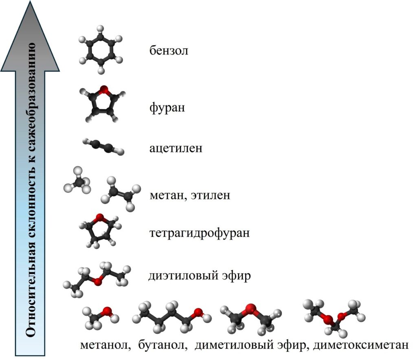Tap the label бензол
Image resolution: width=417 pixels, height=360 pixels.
(x=169, y=51)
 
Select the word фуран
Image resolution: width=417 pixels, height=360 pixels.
(x=167, y=108)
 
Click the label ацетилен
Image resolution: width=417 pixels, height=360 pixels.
(x=176, y=148)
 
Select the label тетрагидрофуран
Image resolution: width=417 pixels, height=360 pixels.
(x=200, y=234)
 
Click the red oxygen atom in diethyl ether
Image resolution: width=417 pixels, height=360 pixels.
(x=97, y=281)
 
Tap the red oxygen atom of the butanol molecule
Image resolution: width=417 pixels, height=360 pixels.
(x=198, y=313)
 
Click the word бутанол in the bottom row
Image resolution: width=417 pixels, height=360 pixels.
(x=162, y=345)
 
